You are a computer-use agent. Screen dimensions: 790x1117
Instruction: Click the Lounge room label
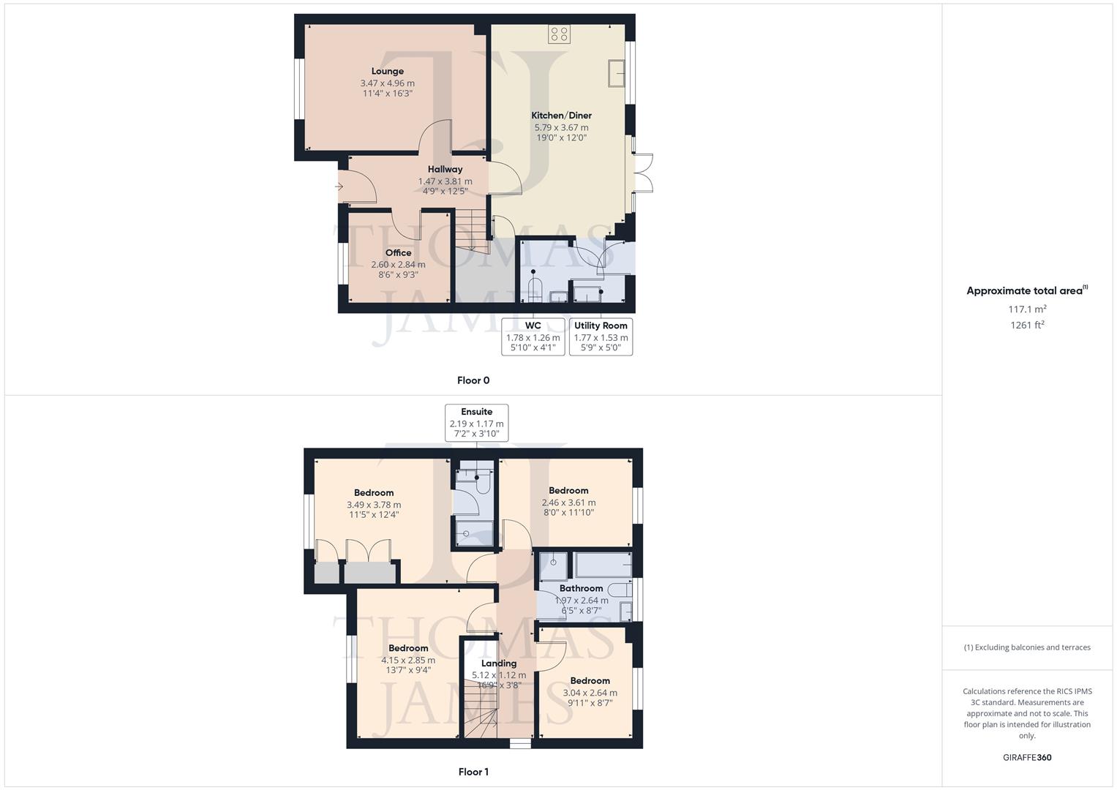coord(387,71)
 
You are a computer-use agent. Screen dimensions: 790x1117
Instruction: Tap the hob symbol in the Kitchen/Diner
coord(560,34)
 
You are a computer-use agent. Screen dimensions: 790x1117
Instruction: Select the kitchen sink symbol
coord(616,73)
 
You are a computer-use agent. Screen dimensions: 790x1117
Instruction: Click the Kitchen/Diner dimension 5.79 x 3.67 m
coord(561,127)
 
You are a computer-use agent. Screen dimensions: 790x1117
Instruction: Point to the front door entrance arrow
coord(339,187)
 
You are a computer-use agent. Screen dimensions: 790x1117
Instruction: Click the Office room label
coord(398,252)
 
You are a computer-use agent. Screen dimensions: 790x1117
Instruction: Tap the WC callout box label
coord(533,326)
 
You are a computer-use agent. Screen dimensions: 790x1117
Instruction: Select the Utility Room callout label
coord(601,326)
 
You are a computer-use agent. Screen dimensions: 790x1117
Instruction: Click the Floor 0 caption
coord(473,380)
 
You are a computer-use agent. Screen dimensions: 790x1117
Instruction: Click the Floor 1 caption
coord(473,772)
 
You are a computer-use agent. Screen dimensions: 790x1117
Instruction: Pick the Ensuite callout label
coord(476,412)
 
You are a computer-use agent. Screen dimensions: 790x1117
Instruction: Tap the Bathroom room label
coord(581,588)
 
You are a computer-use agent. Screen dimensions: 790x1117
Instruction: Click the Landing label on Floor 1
coord(499,663)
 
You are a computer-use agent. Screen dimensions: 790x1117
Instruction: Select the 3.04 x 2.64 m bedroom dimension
coord(590,693)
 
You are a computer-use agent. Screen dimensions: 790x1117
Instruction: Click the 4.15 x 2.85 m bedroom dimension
coord(408,660)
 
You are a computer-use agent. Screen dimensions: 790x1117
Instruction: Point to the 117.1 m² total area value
coord(1027,309)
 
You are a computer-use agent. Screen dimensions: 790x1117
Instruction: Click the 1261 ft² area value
coord(1027,326)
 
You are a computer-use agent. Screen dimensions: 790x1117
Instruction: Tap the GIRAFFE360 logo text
coord(1027,758)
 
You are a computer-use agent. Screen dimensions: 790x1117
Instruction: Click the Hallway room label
coord(445,169)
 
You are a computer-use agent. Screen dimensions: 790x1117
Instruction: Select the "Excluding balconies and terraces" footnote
coord(1027,647)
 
